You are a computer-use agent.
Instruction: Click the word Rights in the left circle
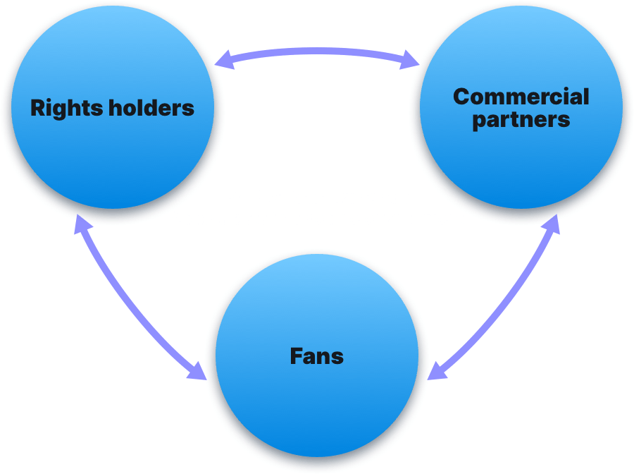[x=65, y=108]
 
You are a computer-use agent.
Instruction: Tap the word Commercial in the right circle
[x=521, y=96]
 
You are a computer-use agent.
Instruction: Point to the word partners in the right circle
[x=521, y=119]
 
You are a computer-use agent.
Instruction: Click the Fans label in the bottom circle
[x=316, y=355]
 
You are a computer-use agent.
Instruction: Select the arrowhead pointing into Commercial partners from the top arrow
[x=411, y=63]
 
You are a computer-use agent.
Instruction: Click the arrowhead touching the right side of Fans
[x=436, y=371]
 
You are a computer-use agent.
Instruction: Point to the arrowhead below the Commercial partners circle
[x=552, y=224]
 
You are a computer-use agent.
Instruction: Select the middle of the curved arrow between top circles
[x=317, y=53]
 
